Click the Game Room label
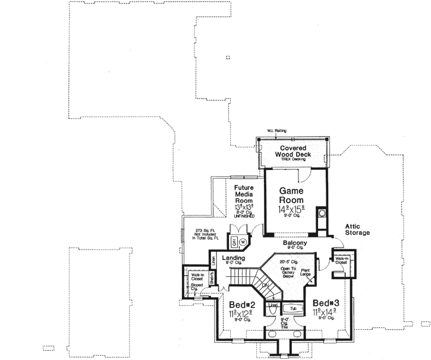[292, 195]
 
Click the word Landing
[233, 258]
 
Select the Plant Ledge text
[306, 273]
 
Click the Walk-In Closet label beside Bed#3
[341, 261]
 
